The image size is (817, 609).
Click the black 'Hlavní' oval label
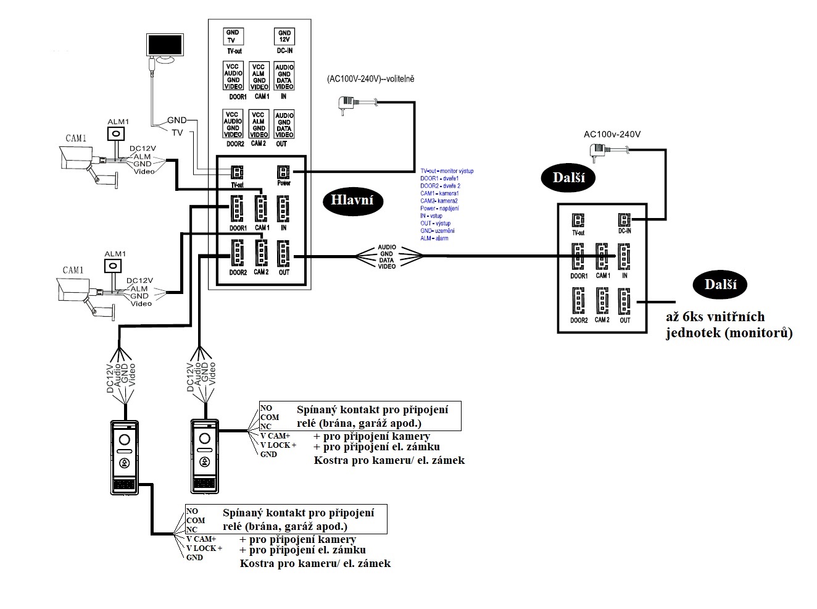click(352, 199)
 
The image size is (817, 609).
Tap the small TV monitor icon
click(165, 48)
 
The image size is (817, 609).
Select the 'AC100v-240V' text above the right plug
click(612, 134)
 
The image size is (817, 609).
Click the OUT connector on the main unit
click(283, 254)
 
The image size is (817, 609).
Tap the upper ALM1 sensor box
click(117, 134)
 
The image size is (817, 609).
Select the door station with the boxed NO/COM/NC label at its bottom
click(125, 457)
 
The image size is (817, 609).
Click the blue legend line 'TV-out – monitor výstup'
click(447, 171)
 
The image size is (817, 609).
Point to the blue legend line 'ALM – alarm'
click(434, 238)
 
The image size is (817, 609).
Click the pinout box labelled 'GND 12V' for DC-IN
click(284, 36)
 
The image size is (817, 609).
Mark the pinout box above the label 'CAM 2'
click(259, 124)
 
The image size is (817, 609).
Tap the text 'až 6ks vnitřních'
click(715, 317)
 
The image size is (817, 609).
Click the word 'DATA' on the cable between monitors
click(387, 260)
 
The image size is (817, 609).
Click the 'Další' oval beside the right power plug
click(568, 178)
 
